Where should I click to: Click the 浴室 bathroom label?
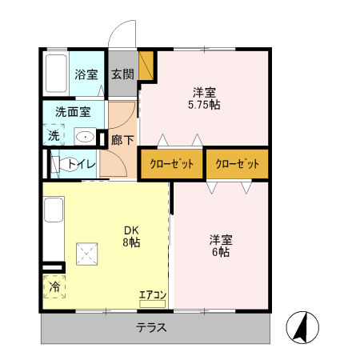pos(86,75)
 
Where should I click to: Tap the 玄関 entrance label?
pos(122,75)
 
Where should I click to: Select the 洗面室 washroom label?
pos(73,112)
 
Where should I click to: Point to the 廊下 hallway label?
pos(122,137)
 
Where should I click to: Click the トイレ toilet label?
pos(82,165)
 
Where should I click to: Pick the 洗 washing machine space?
pos(53,136)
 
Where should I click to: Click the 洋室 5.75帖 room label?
pos(204,98)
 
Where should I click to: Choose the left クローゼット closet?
pos(171,164)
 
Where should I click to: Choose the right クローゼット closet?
pos(237,164)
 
